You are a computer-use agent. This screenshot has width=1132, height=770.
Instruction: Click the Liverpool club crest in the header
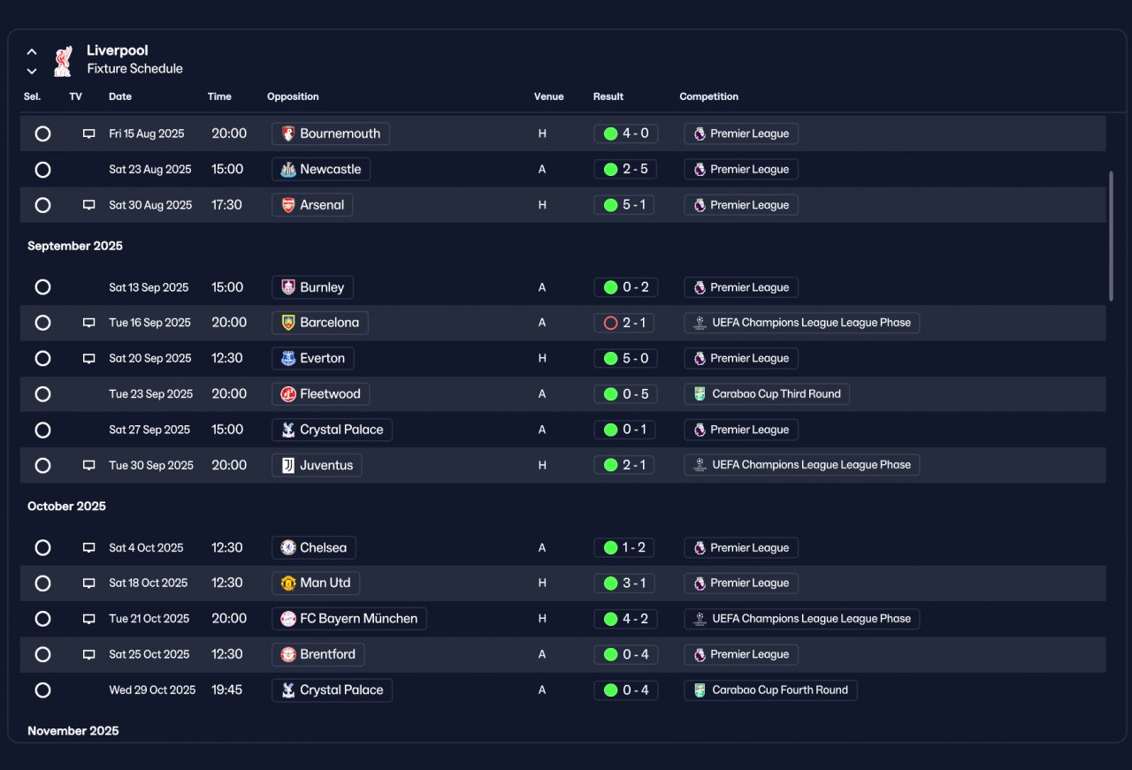[x=63, y=61]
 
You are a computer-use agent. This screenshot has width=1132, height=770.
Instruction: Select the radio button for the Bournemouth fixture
[x=42, y=133]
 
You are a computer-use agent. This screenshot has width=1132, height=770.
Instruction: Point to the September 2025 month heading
[x=75, y=246]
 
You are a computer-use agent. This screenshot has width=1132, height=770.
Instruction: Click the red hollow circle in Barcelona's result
[x=610, y=323]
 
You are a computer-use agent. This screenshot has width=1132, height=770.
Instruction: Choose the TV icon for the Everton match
[x=89, y=359]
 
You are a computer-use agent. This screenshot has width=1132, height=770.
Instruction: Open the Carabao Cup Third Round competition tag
[x=766, y=394]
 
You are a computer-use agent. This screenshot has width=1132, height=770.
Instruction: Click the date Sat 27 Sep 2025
[x=149, y=430]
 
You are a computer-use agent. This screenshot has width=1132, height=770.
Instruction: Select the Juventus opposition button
[x=317, y=465]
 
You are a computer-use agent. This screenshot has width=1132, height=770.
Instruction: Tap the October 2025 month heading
[x=66, y=507]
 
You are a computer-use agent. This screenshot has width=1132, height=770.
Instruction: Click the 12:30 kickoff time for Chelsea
[x=227, y=548]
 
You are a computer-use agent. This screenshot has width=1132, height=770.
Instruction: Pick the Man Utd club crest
[x=288, y=583]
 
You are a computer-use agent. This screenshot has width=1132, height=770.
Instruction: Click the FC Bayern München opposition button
[x=348, y=619]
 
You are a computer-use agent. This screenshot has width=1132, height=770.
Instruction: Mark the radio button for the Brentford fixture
[x=42, y=655]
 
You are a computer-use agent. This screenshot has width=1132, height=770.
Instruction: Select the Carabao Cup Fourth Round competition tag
[x=770, y=690]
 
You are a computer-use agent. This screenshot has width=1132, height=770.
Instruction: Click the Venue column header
[x=549, y=96]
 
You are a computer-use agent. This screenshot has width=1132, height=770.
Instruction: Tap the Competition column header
[x=708, y=96]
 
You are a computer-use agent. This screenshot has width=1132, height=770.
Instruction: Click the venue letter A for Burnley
[x=542, y=287]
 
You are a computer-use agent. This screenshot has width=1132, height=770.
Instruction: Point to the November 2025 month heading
[x=73, y=731]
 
